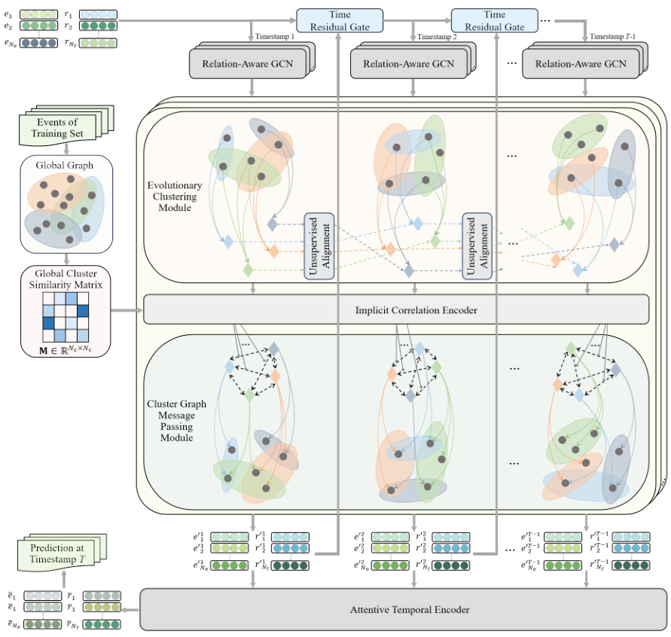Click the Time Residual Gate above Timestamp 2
point(494,20)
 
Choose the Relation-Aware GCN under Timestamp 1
point(251,65)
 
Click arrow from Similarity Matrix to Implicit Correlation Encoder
point(127,309)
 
